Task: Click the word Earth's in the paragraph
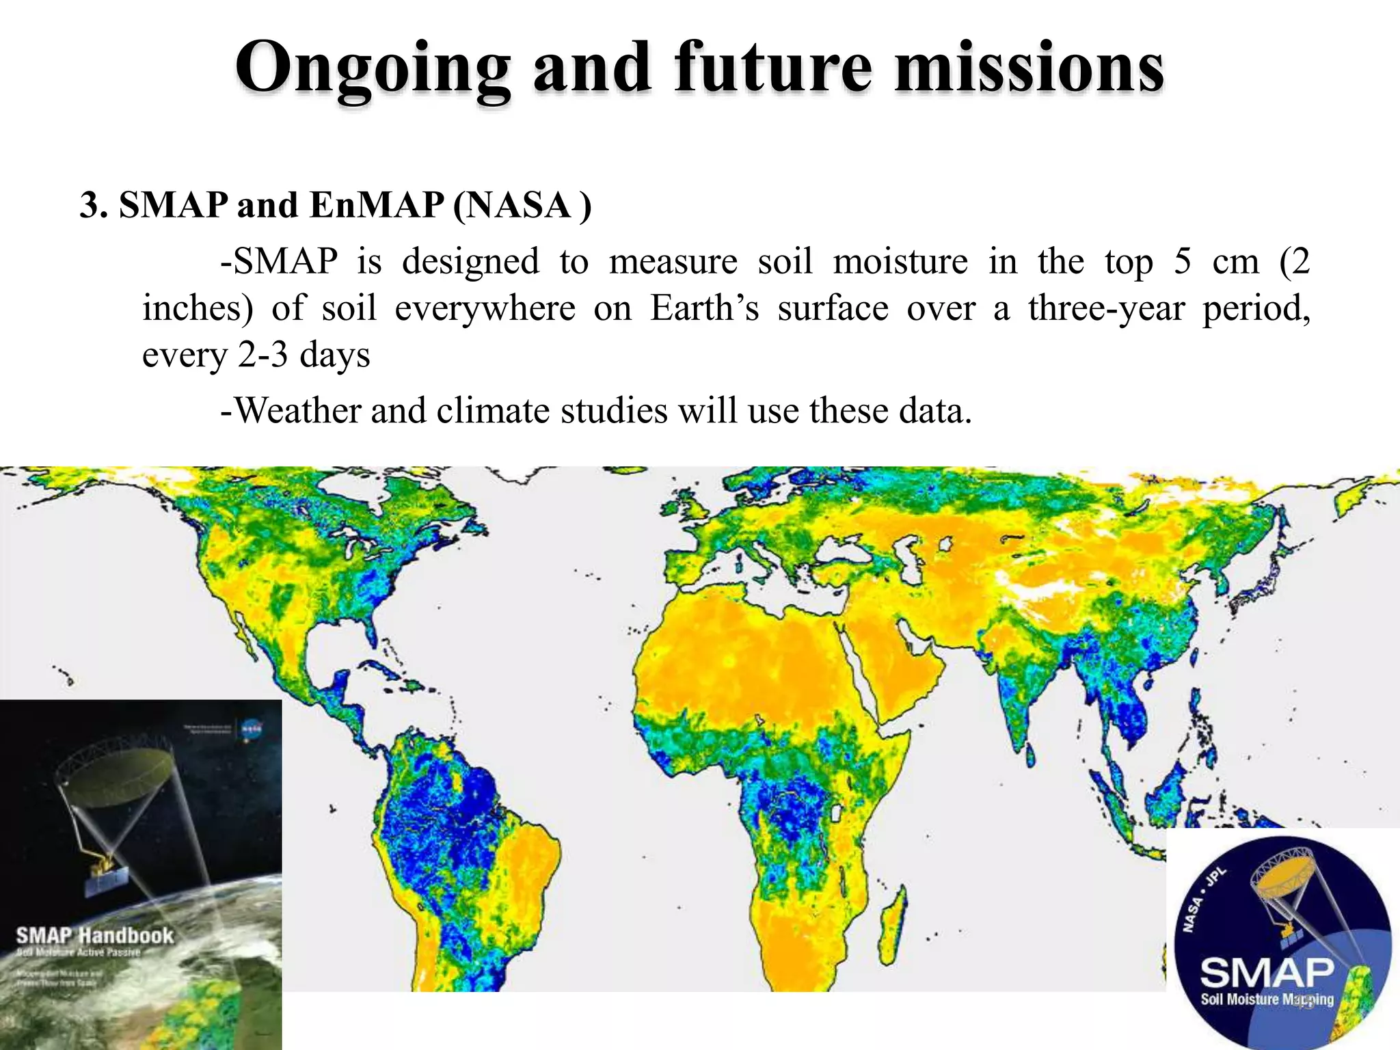704,308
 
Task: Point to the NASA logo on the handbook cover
251,729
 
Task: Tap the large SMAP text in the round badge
1267,971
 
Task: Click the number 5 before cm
1182,262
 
